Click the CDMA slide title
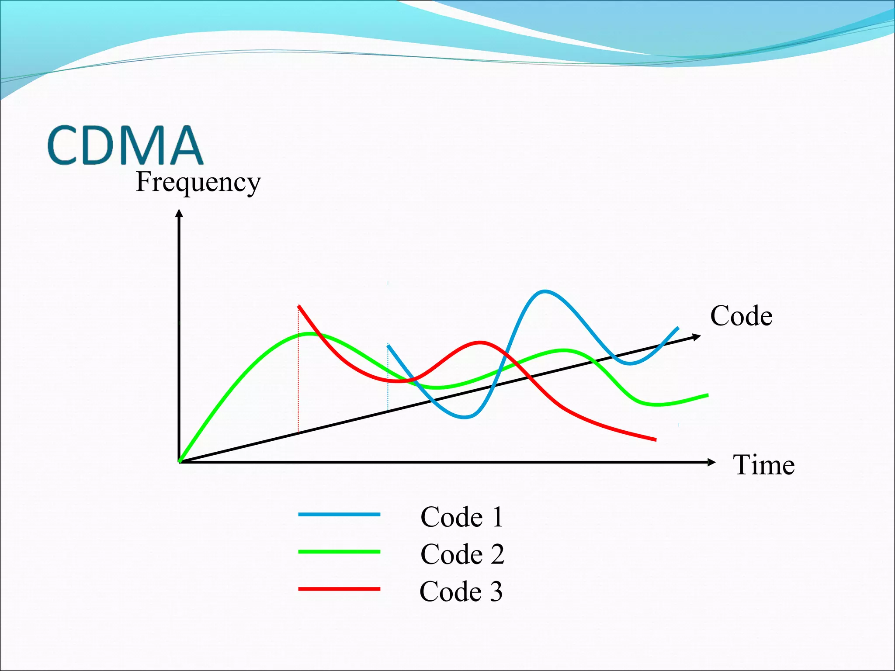[125, 145]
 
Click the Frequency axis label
[198, 182]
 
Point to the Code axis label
[741, 316]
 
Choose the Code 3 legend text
[461, 591]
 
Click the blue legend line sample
[339, 515]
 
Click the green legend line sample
[339, 552]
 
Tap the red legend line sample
[339, 589]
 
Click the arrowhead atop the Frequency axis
[179, 213]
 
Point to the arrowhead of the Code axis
[697, 336]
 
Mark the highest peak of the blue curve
[544, 291]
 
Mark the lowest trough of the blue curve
[465, 418]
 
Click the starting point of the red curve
[298, 306]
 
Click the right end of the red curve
[656, 440]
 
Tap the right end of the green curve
[707, 395]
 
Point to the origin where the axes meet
[179, 462]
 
